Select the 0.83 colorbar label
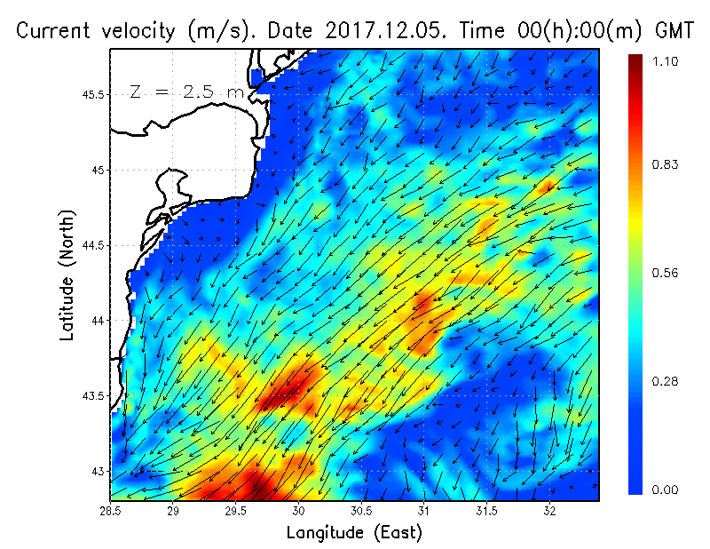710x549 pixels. tap(665, 164)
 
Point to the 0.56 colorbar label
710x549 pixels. tap(665, 273)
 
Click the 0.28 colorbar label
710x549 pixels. tap(665, 381)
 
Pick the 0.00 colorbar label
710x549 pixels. tap(665, 489)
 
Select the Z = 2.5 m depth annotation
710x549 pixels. tap(185, 91)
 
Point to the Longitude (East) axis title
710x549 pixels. tap(354, 532)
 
